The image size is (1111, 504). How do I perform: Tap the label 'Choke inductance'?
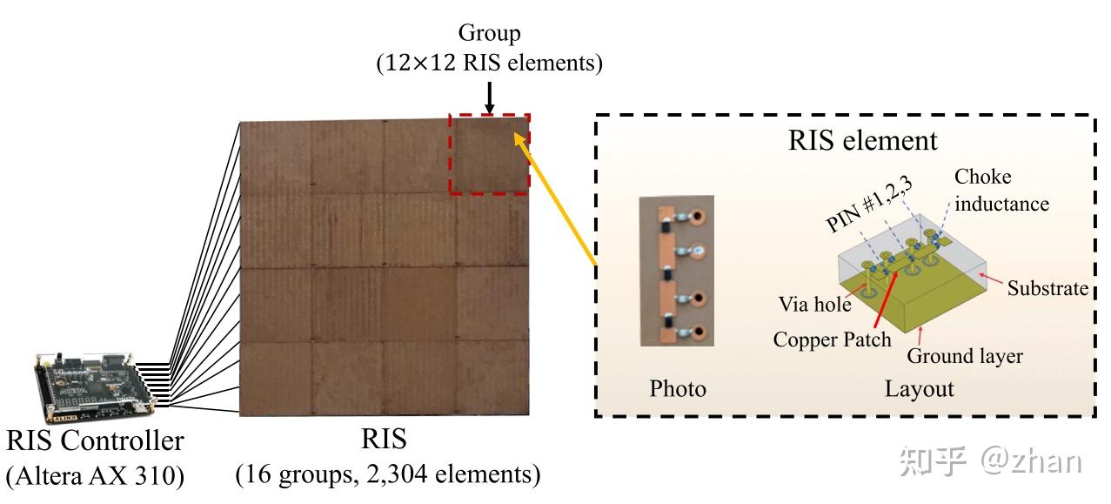tap(1001, 190)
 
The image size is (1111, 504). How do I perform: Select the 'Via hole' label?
tap(814, 305)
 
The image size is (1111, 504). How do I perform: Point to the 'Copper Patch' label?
tap(832, 339)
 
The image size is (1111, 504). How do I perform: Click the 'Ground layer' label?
tap(964, 356)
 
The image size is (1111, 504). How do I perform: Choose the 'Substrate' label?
tap(1047, 288)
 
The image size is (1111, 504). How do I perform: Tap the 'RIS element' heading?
tap(862, 140)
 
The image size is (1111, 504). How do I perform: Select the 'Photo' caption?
tap(678, 388)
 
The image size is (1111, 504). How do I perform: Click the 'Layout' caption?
tap(919, 388)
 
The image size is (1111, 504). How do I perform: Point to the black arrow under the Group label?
tap(489, 97)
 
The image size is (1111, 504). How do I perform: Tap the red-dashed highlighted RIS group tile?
tap(489, 154)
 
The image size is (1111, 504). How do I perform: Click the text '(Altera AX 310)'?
tap(95, 476)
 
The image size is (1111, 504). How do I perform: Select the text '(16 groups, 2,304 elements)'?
tap(388, 474)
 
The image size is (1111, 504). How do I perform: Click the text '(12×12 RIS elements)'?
tap(489, 64)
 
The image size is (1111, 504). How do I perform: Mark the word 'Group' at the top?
tap(489, 35)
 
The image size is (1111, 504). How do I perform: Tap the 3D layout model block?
tap(914, 287)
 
